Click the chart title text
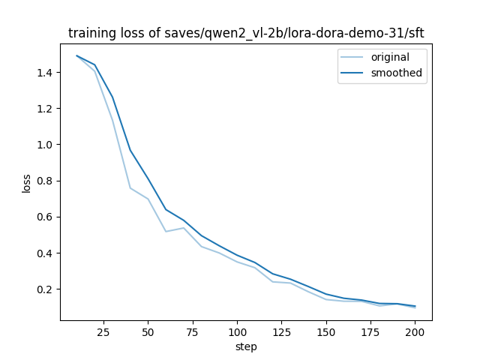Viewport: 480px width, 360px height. (x=246, y=33)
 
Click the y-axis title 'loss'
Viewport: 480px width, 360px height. (x=26, y=183)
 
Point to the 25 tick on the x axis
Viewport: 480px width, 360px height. (x=103, y=332)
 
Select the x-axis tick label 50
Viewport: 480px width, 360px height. (x=148, y=332)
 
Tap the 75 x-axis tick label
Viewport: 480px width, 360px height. (x=193, y=332)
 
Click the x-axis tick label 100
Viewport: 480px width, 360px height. (x=237, y=332)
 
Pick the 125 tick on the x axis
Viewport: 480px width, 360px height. (x=281, y=332)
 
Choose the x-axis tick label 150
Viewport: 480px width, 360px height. (x=326, y=332)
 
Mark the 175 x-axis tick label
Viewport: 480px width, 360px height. (x=370, y=332)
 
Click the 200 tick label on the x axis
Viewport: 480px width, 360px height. (x=415, y=332)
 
